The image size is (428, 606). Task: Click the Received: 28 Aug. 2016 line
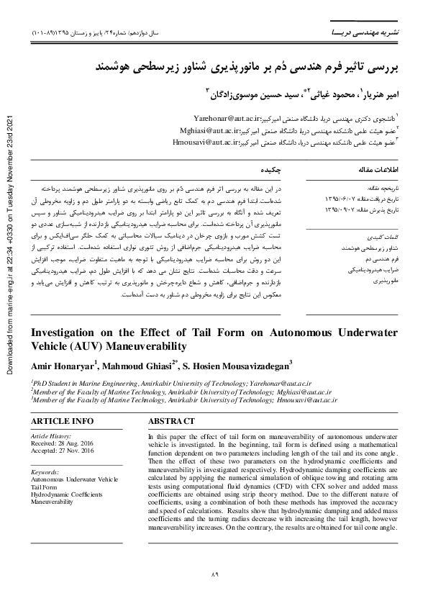coord(62,443)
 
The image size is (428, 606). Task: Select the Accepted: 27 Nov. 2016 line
coord(62,451)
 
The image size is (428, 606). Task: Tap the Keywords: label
coord(45,471)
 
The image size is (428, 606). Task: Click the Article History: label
coord(50,436)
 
